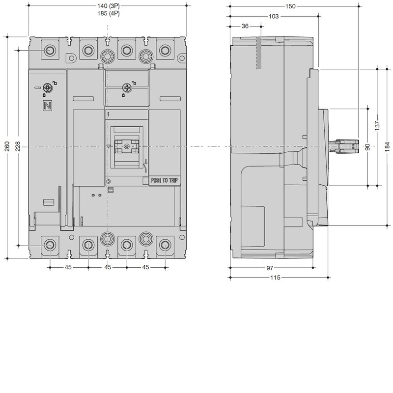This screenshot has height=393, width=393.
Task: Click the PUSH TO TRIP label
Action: point(165,180)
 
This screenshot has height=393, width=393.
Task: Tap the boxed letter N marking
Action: point(47,106)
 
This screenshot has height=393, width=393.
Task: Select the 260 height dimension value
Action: point(7,146)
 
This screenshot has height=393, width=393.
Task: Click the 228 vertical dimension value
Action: point(18,146)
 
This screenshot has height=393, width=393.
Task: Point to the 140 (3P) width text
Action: point(108,6)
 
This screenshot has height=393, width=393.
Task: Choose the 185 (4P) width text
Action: point(108,13)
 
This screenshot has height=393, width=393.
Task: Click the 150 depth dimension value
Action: point(290,6)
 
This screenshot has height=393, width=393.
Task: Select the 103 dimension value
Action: point(274,16)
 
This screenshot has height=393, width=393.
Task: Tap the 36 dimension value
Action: point(245,26)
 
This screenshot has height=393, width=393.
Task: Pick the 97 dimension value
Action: point(269,268)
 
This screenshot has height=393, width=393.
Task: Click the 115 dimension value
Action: point(275,278)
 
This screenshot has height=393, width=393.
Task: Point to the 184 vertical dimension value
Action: point(388,146)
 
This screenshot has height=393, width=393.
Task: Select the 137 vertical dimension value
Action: point(377,126)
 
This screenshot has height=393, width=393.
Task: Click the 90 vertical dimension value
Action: point(367,147)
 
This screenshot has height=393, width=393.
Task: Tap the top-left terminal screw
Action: point(50,51)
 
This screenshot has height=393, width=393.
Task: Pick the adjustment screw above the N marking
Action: point(47,88)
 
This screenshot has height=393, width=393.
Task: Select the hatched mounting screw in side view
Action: point(259,53)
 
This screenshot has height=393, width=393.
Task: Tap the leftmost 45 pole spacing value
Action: point(68,267)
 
